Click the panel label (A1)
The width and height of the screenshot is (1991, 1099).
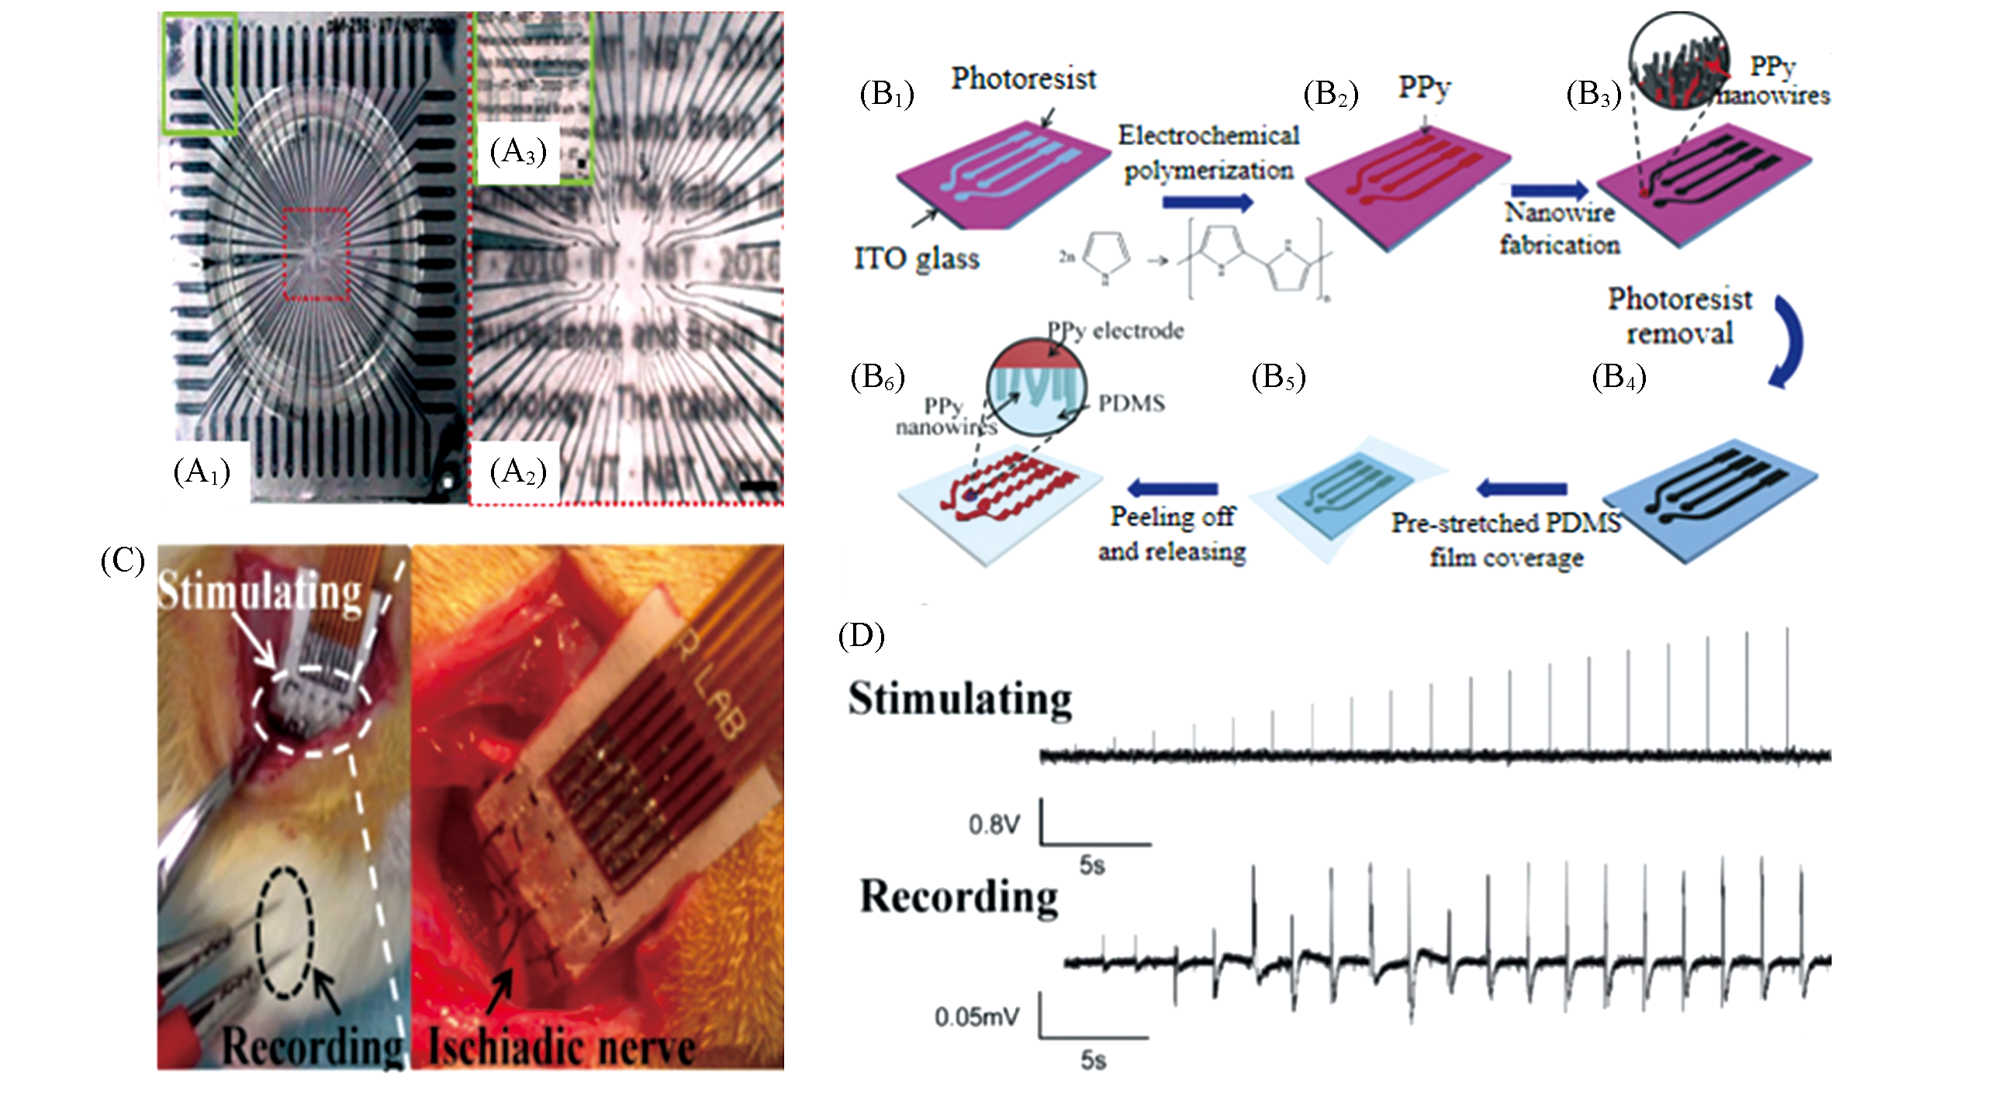202,472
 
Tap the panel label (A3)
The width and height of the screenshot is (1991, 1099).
518,151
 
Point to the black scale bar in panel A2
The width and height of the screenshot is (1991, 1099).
763,486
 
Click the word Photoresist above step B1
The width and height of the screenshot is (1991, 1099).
1023,78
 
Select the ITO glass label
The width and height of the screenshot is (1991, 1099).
916,258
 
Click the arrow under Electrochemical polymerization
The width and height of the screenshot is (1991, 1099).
1207,202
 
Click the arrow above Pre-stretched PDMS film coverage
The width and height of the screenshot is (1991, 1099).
1522,489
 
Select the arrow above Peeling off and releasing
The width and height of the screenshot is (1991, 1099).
1172,488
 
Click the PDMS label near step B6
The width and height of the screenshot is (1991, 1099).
1131,403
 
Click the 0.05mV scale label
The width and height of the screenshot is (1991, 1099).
976,1016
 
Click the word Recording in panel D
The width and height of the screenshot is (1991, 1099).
959,897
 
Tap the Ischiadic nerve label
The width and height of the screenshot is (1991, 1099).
562,1047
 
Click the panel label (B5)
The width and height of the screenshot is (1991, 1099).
1278,377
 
